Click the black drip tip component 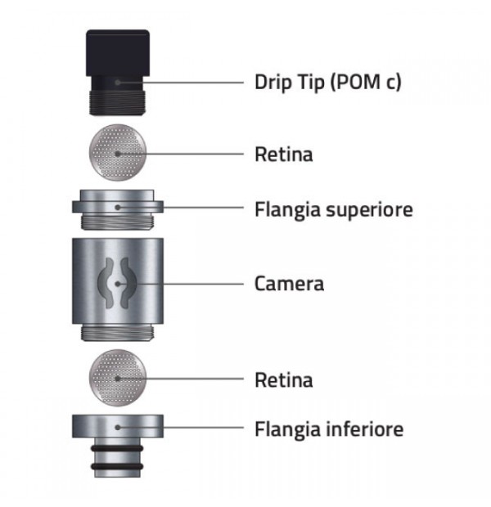(118, 73)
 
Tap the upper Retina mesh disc (118, 152)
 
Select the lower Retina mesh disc (118, 378)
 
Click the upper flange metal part (118, 209)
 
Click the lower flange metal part (118, 446)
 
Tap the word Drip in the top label (273, 82)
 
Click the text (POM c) (366, 82)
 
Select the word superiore (369, 210)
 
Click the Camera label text (289, 284)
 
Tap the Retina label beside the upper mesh (284, 155)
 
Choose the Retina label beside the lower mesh (284, 380)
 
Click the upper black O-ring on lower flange (117, 448)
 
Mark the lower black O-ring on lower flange (117, 467)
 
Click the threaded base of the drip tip (117, 103)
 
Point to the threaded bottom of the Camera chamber (117, 333)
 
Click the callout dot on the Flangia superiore (118, 207)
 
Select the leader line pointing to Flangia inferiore (181, 428)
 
